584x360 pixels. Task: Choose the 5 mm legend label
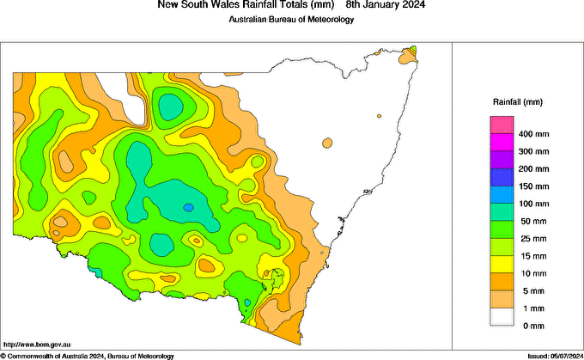coord(528,290)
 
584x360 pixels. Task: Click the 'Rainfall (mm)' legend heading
coord(517,102)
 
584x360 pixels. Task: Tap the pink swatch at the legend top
coord(502,125)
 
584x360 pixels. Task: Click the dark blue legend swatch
coord(502,177)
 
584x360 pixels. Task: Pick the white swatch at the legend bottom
coord(502,316)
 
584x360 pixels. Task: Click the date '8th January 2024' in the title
coord(382,5)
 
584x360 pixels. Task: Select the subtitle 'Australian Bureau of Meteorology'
coord(291,20)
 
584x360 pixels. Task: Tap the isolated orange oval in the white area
coord(326,143)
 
